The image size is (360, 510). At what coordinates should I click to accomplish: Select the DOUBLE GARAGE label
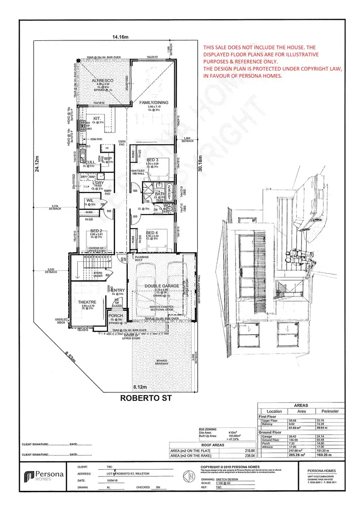pos(161,286)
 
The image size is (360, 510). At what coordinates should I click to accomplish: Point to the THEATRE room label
pos(87,302)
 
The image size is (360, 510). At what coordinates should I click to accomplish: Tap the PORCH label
pos(117,316)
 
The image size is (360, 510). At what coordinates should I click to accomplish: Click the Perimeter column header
pos(331,412)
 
